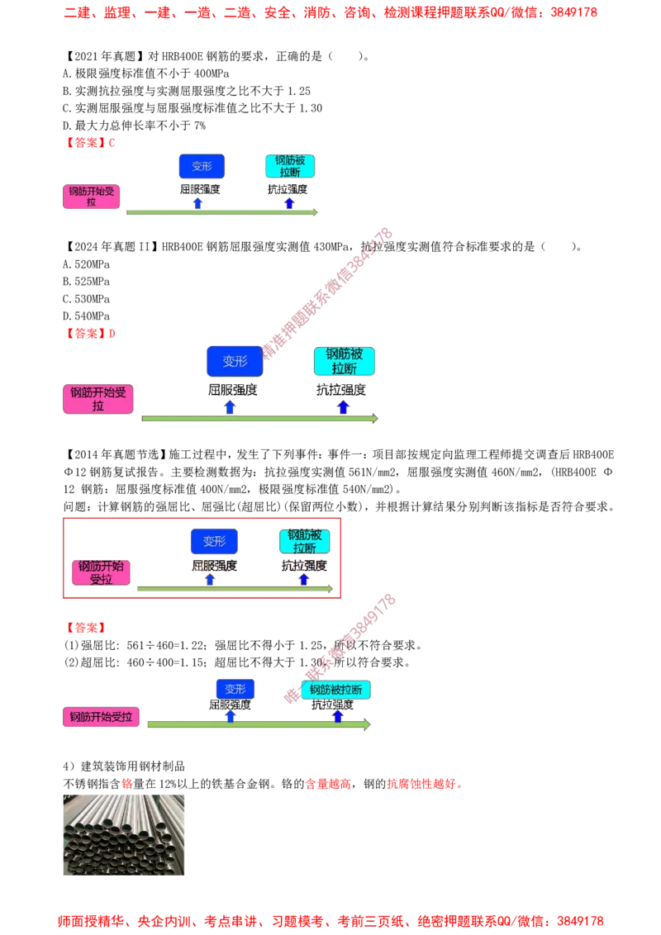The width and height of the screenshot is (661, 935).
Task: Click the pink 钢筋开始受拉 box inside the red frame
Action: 101,572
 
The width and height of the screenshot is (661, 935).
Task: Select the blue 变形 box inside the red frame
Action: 214,541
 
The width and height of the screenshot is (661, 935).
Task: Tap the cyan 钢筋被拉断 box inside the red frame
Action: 304,541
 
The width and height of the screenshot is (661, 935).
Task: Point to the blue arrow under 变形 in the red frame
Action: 210,579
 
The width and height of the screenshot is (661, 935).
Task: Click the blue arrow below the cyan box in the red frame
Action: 304,579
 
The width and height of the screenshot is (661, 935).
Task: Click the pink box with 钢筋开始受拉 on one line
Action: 101,717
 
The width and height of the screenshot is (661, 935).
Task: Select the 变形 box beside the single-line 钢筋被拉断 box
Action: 235,689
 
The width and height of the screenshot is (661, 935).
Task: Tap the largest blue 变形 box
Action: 235,361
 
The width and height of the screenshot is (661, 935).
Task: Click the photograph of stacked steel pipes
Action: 122,835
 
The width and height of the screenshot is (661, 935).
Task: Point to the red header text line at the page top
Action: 330,13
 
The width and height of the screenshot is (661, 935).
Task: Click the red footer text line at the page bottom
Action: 330,919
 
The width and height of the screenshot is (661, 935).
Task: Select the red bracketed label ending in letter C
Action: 91,142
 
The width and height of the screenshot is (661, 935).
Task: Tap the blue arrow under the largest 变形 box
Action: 230,406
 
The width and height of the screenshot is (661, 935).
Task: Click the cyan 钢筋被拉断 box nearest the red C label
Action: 290,165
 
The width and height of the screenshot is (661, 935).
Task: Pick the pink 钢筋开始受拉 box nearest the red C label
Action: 92,197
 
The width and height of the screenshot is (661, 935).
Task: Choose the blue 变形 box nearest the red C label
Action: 202,165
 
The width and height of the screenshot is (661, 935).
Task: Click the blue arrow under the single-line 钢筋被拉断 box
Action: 337,715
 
